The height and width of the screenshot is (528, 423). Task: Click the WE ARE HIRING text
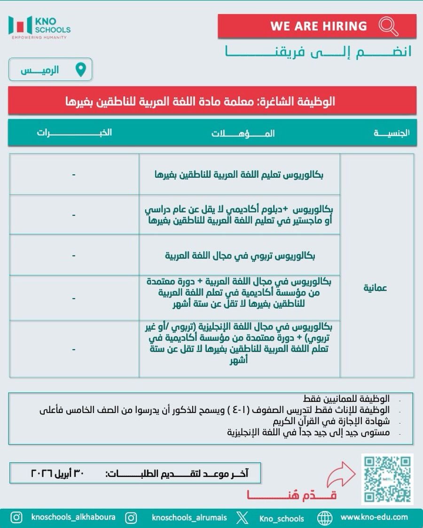(319, 26)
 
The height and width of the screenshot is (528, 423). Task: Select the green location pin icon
(81, 70)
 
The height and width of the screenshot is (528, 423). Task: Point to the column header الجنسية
(392, 133)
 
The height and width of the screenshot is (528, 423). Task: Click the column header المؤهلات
(243, 133)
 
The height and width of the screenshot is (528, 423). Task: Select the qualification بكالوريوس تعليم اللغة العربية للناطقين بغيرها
(239, 175)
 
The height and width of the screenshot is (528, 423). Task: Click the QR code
(387, 479)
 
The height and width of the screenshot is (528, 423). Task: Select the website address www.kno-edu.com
(374, 517)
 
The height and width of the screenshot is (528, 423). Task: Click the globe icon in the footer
(325, 518)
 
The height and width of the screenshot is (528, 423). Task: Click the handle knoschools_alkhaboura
(73, 517)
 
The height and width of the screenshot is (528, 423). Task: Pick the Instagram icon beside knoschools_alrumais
(131, 518)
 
